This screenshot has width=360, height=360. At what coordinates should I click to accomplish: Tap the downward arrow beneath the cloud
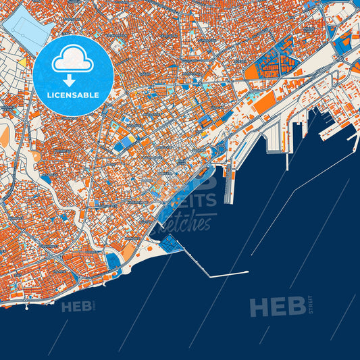[73, 80]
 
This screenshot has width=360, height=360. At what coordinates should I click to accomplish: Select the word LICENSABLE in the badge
[73, 95]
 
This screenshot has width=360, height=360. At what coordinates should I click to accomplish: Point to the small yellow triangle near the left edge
[22, 63]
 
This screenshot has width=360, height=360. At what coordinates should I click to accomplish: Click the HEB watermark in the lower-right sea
[277, 307]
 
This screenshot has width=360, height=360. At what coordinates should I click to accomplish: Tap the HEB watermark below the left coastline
[76, 307]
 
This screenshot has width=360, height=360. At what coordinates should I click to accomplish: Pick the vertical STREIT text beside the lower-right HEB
[311, 305]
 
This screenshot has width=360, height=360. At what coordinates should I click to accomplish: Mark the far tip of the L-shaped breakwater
[247, 272]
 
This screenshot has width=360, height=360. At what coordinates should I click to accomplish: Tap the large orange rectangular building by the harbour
[265, 102]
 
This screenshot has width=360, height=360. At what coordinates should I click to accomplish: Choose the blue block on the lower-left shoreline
[113, 259]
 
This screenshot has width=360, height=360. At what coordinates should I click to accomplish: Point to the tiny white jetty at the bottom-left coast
[26, 306]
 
